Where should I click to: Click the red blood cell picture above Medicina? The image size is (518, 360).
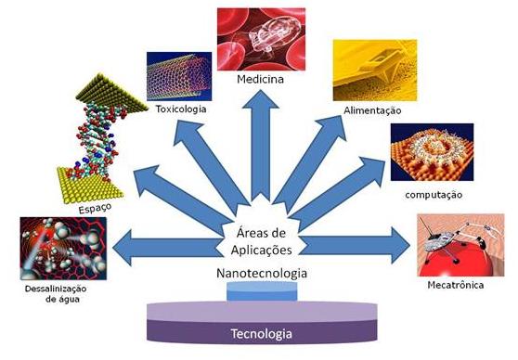click(x=261, y=40)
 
